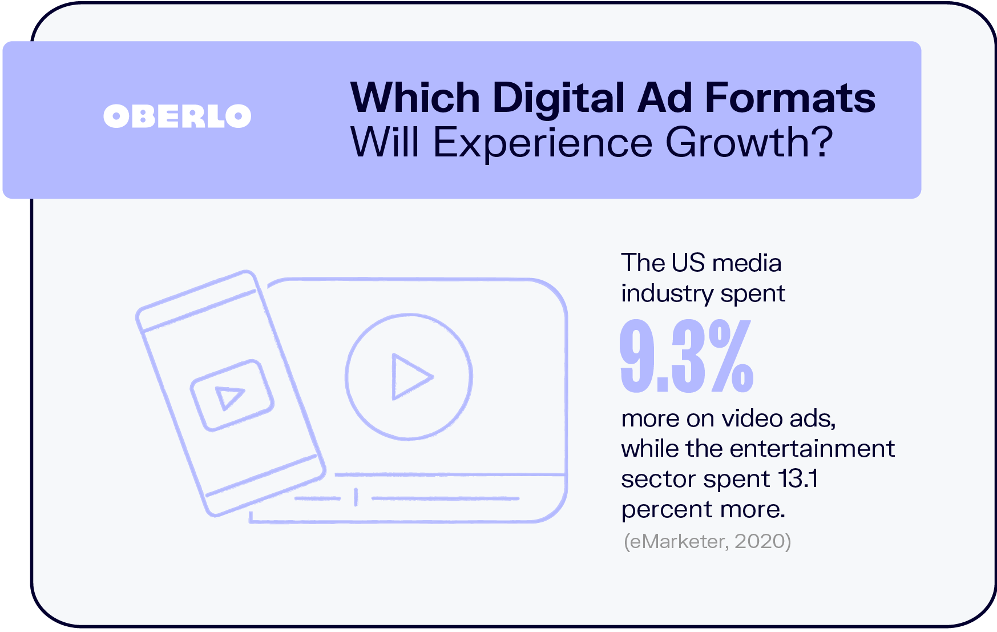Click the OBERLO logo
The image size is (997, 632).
click(177, 116)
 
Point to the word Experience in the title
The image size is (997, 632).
click(543, 143)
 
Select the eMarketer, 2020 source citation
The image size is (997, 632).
click(708, 541)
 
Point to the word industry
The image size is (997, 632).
click(667, 295)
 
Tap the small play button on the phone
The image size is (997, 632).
click(232, 395)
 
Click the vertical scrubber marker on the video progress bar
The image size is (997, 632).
click(356, 497)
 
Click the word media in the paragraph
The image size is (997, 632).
click(747, 263)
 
